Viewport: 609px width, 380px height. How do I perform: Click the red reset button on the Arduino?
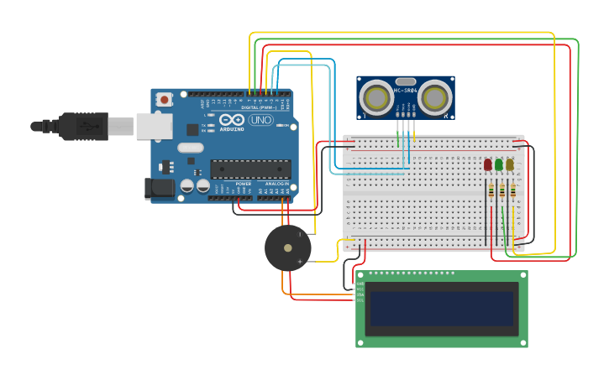pos(165,100)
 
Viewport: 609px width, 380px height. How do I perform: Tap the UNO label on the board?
pos(261,120)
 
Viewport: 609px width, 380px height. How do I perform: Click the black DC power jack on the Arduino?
pos(159,189)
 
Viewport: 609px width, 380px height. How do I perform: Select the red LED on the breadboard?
pos(488,165)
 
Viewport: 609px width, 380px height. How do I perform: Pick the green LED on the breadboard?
pos(499,165)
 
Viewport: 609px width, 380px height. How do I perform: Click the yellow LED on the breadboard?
pos(510,165)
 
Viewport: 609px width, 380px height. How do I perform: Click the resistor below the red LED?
pos(491,192)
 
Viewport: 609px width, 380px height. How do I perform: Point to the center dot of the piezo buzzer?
pos(288,248)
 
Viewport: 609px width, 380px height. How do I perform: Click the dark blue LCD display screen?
pos(442,309)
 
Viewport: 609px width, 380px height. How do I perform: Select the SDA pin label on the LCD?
pos(360,294)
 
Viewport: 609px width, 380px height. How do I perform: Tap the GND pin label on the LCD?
pos(360,284)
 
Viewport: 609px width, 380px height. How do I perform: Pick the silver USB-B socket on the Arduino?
pos(154,126)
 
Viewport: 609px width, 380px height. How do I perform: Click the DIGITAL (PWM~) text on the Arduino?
pos(257,107)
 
